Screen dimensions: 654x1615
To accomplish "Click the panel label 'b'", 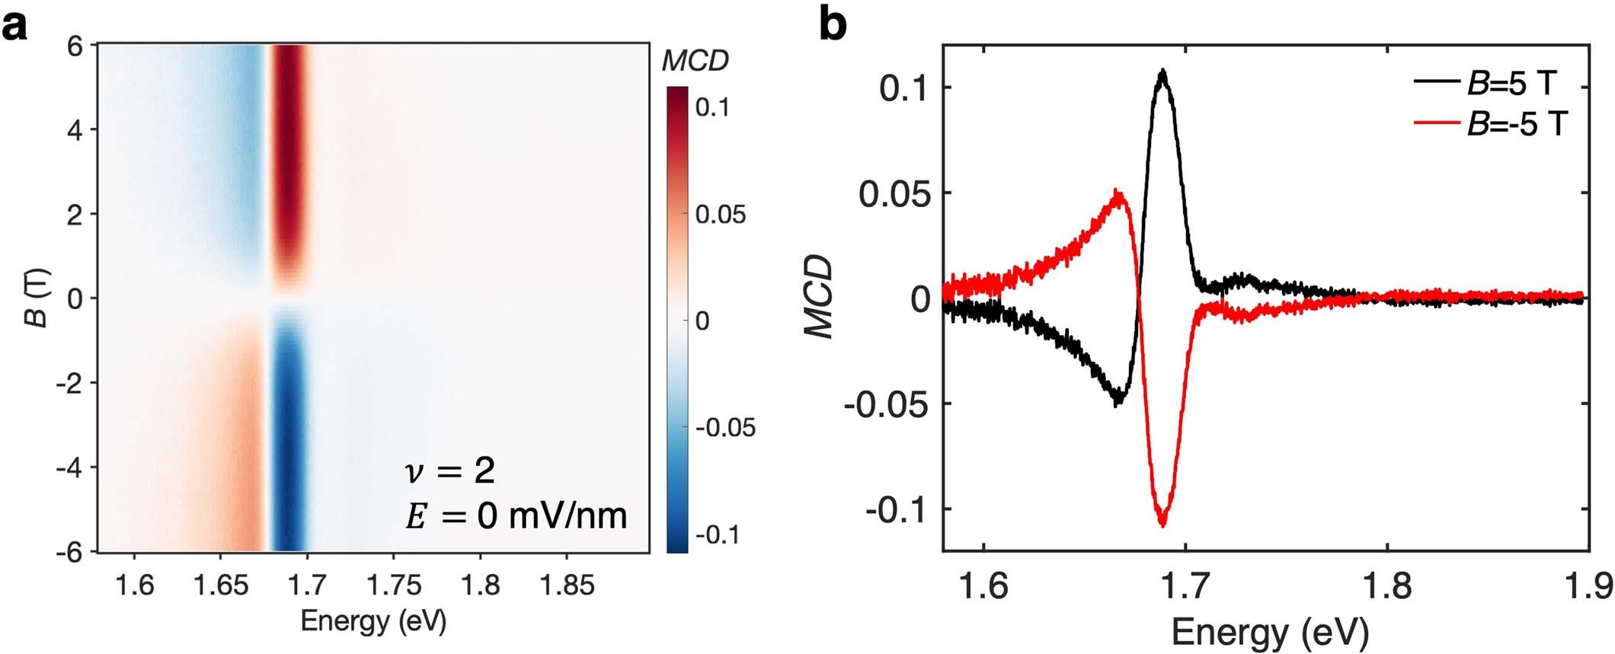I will (x=833, y=26).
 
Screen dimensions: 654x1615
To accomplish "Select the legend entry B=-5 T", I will (x=1516, y=123).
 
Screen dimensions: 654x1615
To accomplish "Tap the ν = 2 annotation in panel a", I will (x=449, y=471).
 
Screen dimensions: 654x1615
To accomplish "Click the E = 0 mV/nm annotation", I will (x=516, y=516).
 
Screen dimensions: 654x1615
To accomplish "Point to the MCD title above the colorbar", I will (x=695, y=61).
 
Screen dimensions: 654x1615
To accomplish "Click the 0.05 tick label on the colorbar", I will (x=720, y=215).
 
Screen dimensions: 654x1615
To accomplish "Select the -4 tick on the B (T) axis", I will (x=72, y=467).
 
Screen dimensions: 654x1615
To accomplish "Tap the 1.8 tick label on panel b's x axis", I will (x=1386, y=587).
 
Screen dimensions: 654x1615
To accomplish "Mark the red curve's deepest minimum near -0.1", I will (x=1162, y=524).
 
